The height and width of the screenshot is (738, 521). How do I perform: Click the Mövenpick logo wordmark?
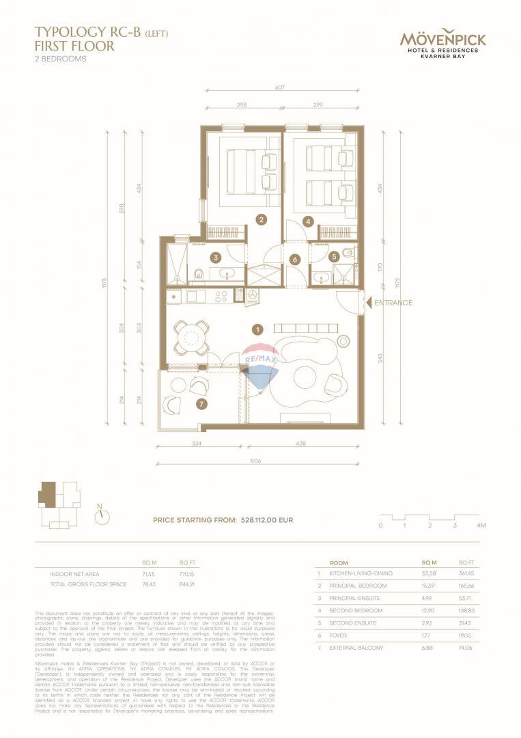click(x=442, y=39)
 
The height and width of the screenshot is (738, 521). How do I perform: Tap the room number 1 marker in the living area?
click(x=257, y=329)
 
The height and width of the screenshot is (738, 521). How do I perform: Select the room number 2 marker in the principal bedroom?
click(x=261, y=219)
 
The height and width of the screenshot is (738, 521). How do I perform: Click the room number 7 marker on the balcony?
click(x=201, y=405)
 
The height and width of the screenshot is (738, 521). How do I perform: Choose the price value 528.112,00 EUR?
click(x=267, y=520)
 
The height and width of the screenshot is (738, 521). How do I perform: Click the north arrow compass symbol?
click(x=102, y=516)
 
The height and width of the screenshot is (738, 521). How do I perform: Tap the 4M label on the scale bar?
click(x=481, y=525)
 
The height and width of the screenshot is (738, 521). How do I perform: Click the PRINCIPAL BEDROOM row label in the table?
click(x=358, y=586)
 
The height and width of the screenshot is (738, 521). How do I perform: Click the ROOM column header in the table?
click(x=339, y=561)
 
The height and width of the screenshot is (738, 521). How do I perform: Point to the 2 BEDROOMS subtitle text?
click(x=61, y=59)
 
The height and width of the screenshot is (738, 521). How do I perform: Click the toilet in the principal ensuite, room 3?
click(x=199, y=275)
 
